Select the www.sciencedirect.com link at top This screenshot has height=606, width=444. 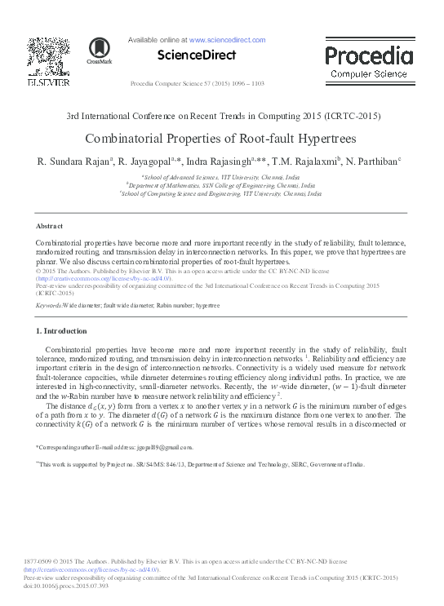point(227,39)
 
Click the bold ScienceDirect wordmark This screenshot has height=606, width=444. point(198,55)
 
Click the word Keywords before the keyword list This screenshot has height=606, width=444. point(48,305)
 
